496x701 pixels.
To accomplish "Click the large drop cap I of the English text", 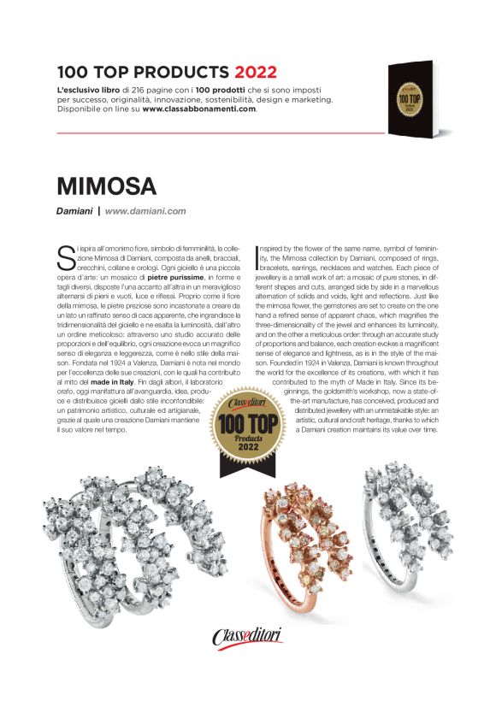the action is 259,254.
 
